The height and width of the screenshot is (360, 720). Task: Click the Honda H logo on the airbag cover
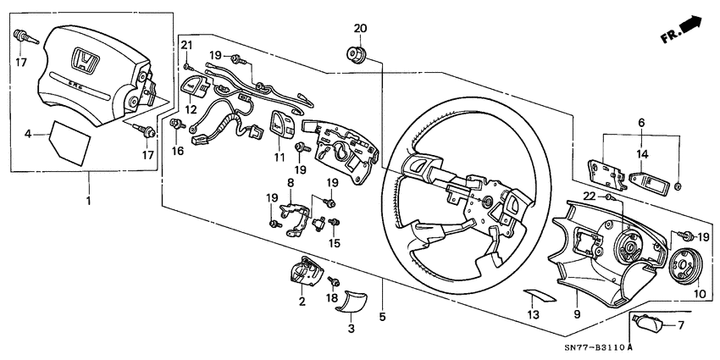(x=84, y=60)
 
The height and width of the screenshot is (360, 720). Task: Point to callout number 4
(x=29, y=133)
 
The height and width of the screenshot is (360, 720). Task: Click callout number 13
(x=531, y=315)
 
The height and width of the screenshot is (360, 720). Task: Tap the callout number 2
(x=302, y=301)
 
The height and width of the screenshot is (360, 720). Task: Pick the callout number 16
(x=179, y=150)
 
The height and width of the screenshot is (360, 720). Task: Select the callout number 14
(x=642, y=155)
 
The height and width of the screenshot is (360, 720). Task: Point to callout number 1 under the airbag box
(x=89, y=203)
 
